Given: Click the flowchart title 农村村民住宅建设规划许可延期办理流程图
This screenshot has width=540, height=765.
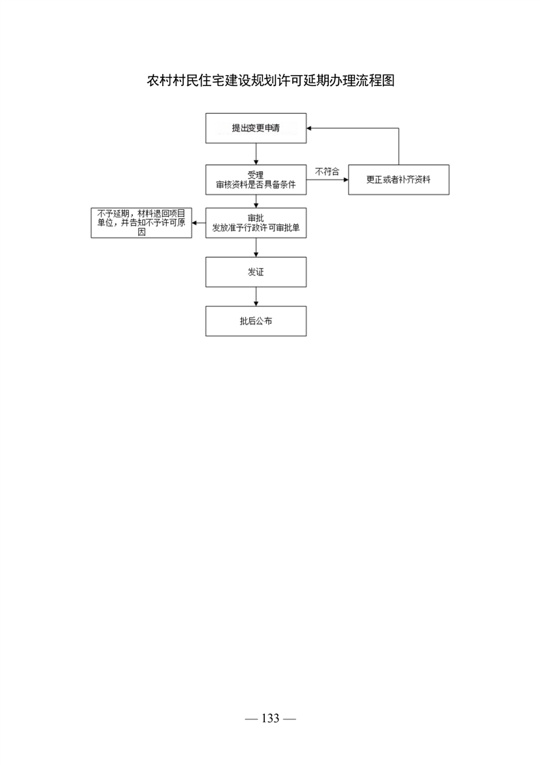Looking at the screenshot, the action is [270, 80].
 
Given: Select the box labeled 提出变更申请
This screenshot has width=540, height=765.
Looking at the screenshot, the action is [256, 128].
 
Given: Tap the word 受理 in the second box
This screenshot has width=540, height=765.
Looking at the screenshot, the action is [256, 175].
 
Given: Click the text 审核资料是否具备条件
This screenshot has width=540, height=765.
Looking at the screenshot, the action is [256, 185].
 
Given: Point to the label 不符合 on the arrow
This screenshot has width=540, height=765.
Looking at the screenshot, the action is [327, 172].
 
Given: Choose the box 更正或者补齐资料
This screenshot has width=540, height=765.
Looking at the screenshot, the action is [398, 179].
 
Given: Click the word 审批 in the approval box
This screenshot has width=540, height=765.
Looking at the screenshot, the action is [256, 218].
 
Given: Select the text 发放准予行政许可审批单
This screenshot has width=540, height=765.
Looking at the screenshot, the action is [256, 228].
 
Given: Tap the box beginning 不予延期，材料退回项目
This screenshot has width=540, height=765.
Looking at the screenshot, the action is [142, 223].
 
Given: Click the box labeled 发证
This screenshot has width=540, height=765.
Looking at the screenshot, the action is [256, 272].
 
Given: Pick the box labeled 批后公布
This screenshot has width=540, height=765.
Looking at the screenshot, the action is [256, 321].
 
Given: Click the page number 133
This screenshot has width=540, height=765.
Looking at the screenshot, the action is [270, 718].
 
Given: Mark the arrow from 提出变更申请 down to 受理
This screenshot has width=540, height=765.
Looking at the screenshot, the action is [256, 153].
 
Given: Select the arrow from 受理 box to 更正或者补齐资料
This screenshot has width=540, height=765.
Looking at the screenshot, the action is [328, 179].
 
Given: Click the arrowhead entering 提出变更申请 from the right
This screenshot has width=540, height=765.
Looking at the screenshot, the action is [309, 128].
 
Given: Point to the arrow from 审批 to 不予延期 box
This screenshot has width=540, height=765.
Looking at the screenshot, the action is [198, 223].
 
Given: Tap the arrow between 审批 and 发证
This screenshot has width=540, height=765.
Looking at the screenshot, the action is [256, 247].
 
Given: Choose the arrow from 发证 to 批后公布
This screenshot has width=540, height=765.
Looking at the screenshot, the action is [256, 297].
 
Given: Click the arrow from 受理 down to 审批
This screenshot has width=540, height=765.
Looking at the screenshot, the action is [256, 201].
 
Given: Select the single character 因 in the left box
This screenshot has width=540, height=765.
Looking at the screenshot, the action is [142, 232].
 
